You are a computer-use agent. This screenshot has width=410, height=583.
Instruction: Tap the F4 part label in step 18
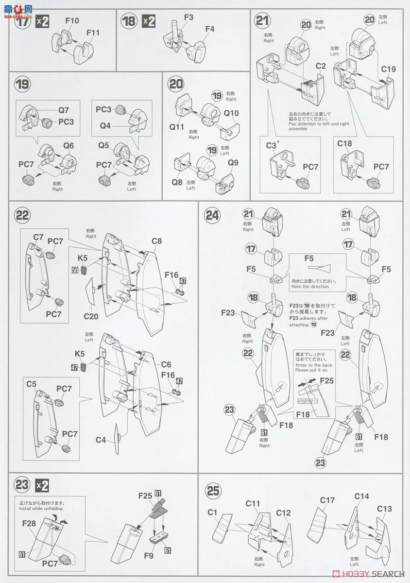coord(210,29)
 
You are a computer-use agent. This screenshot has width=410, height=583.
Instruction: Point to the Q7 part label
coord(64,110)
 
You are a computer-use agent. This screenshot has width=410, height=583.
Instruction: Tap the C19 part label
coord(388,69)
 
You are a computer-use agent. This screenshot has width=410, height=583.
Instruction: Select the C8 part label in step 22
coord(156,241)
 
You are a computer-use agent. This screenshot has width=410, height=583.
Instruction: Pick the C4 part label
coord(101,440)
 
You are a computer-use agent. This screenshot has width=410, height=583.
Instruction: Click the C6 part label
coord(166,364)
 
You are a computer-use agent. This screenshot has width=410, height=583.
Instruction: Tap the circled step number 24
coord(212,215)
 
